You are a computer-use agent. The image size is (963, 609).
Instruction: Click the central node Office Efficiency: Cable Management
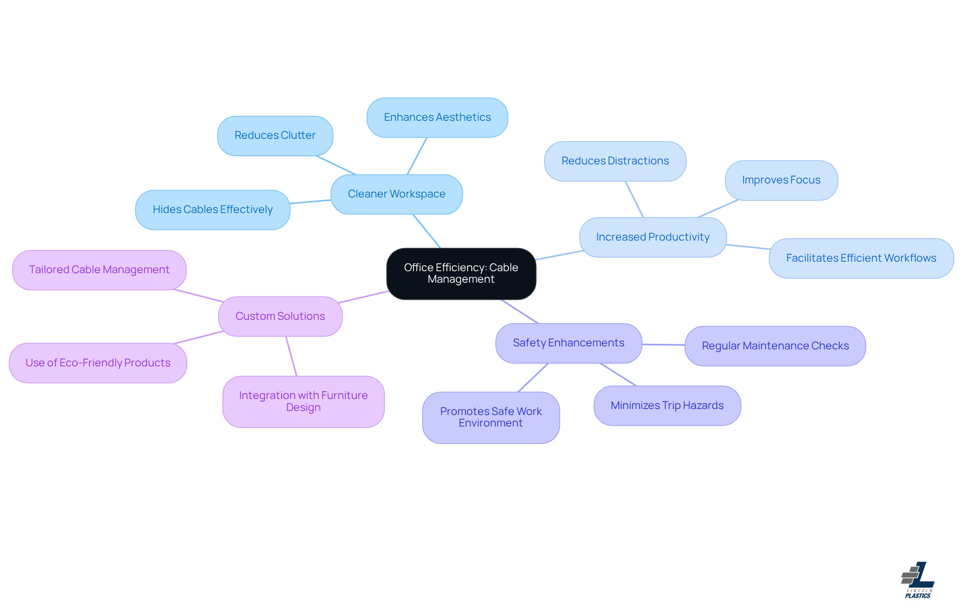461,274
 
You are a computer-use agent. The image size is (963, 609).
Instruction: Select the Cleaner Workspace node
396,194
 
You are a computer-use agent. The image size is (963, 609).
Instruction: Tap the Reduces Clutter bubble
275,135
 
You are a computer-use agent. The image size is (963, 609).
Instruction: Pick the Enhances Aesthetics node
437,117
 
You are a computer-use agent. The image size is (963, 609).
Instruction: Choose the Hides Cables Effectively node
213,210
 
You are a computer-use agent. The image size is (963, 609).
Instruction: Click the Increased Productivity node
653,237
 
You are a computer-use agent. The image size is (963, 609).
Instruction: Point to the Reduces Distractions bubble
615,161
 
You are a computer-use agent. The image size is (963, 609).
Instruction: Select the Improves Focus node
781,180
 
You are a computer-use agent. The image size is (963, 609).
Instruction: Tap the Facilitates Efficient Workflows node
861,258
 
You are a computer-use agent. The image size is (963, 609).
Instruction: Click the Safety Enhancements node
568,343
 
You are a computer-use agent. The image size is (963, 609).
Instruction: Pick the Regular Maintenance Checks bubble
775,346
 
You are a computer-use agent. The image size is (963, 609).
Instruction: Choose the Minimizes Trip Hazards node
667,405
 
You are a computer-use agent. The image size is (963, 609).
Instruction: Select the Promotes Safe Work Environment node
491,417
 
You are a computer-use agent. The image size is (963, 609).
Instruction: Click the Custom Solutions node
280,316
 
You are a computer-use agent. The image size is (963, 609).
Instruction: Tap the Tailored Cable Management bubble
99,270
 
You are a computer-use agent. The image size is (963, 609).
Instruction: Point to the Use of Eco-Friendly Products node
98,363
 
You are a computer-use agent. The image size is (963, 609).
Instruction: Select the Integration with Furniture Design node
303,401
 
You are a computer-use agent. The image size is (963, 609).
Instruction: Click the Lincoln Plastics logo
917,580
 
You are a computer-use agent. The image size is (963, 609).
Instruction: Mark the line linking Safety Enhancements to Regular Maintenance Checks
663,344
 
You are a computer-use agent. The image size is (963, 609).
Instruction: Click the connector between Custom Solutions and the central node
364,297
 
